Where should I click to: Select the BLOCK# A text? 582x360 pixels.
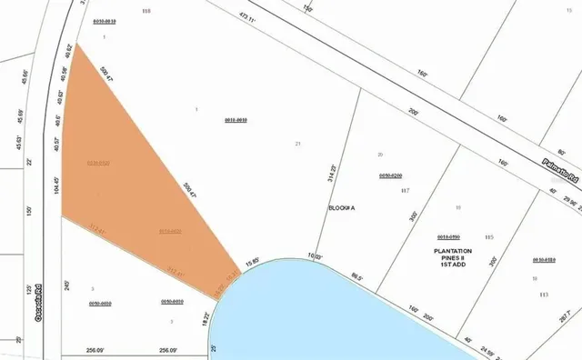341,208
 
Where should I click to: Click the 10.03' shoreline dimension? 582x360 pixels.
316,257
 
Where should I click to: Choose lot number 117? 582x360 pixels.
406,191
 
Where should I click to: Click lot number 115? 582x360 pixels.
488,237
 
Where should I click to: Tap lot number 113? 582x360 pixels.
544,295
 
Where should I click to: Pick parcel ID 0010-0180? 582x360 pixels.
544,259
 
